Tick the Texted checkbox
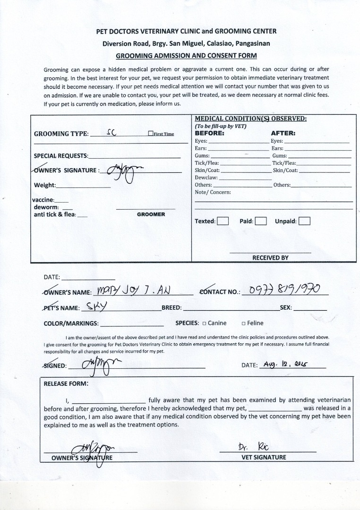[223, 221]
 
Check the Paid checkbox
[261, 221]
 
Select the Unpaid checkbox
[304, 221]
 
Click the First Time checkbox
[150, 134]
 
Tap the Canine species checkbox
[204, 323]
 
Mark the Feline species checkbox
[243, 323]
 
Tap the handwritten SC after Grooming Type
[111, 133]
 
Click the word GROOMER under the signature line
[151, 214]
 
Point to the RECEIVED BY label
[270, 258]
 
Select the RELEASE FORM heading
[66, 383]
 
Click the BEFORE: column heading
[210, 133]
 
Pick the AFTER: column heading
[283, 133]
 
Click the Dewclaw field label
[206, 178]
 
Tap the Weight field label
[45, 185]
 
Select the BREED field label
[171, 307]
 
